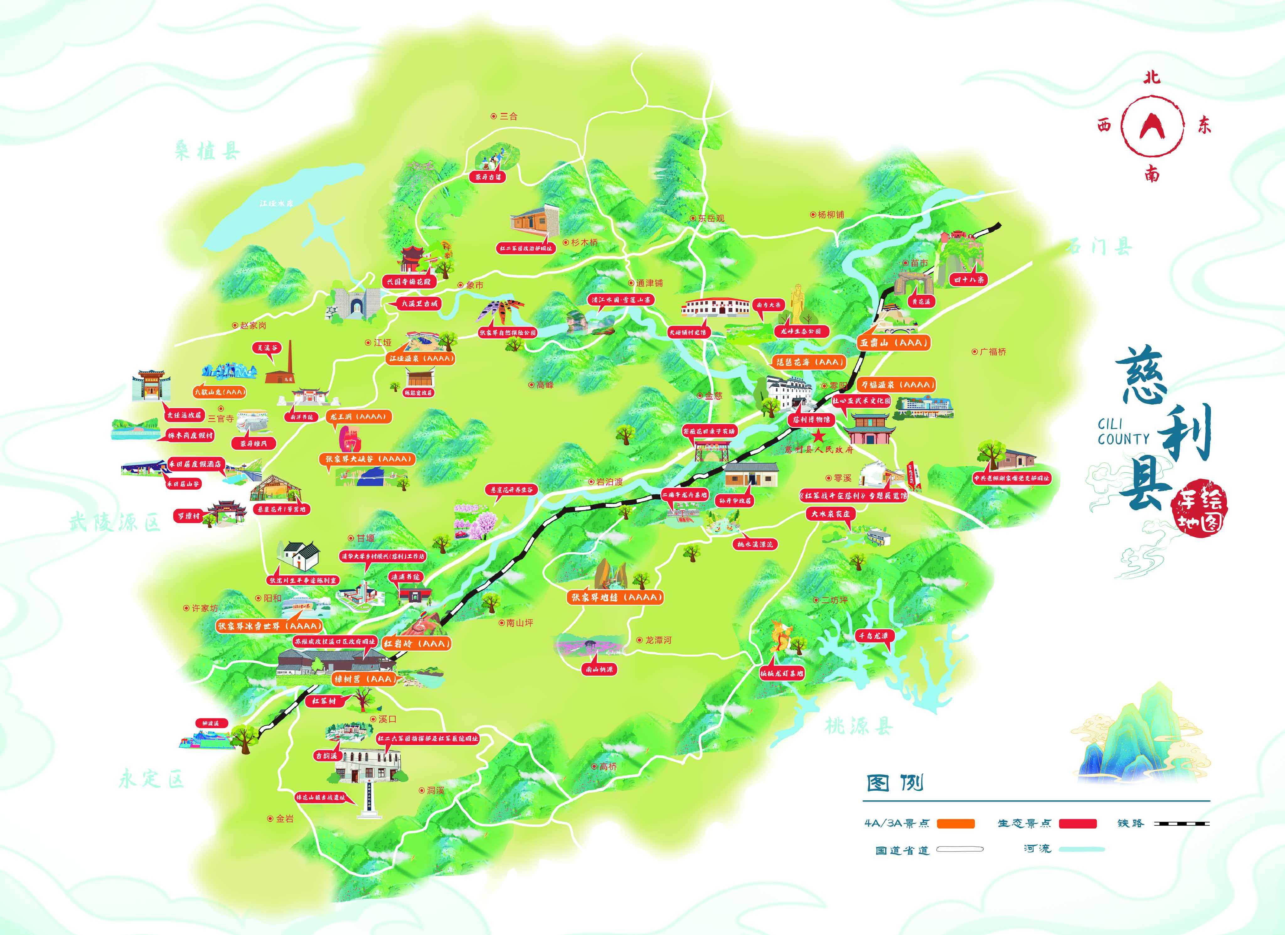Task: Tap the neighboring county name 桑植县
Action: [207, 151]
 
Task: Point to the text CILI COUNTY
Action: [1123, 432]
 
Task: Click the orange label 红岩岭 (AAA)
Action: [418, 644]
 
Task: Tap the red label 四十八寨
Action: [970, 279]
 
